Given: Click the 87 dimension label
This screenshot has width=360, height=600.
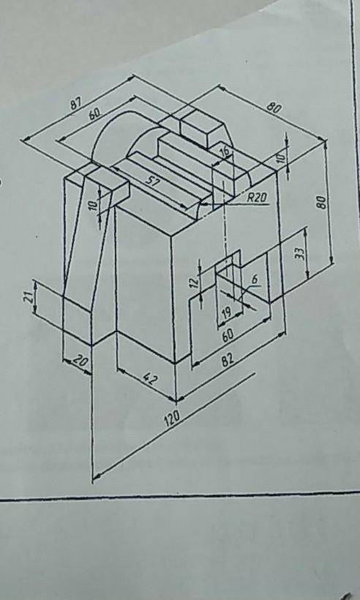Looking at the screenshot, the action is (x=77, y=103).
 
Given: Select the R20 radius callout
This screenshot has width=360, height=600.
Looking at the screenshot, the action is (x=257, y=197).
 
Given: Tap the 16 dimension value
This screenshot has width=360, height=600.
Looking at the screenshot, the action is (x=225, y=151).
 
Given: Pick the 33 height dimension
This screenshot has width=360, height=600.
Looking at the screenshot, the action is (x=301, y=253).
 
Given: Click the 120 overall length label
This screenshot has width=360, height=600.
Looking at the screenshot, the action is (x=172, y=420).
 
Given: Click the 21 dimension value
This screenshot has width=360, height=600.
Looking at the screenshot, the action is (x=29, y=297).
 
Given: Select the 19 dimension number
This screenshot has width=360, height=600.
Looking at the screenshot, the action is (x=227, y=314).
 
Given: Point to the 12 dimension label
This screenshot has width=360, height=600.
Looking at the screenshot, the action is (x=195, y=282).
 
